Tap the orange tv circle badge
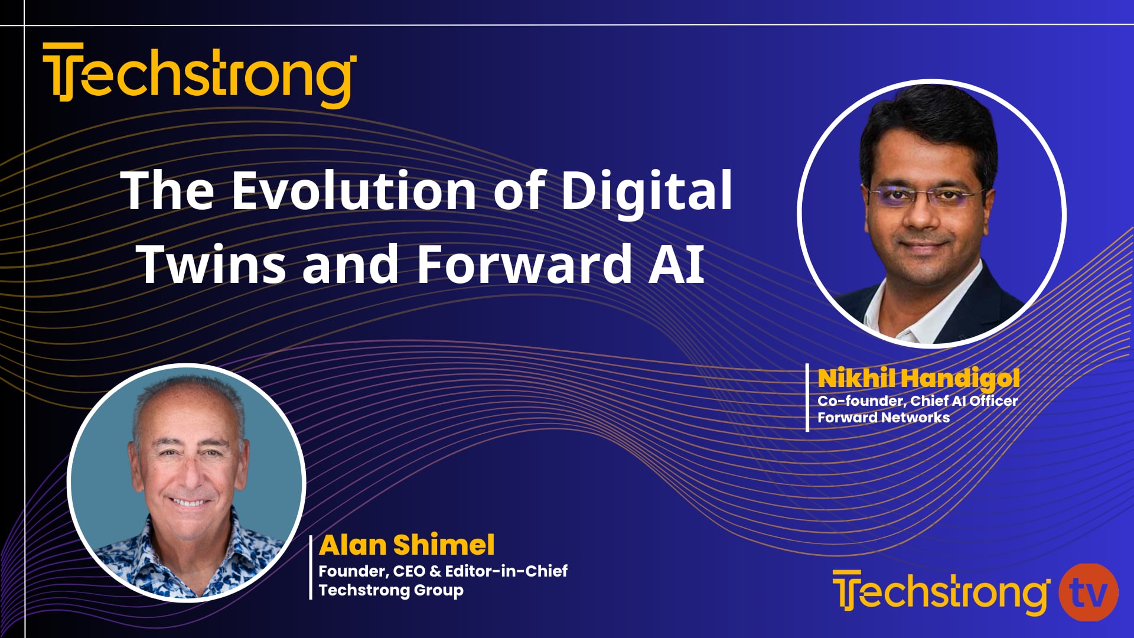pos(1088,593)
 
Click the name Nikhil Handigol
pos(918,379)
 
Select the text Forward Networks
pos(883,418)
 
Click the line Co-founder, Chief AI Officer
pos(917,401)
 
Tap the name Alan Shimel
pos(406,545)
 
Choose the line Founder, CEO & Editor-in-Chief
pos(443,571)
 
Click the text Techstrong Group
pos(391,590)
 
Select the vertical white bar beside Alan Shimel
pos(311,567)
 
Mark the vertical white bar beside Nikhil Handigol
pos(807,397)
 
